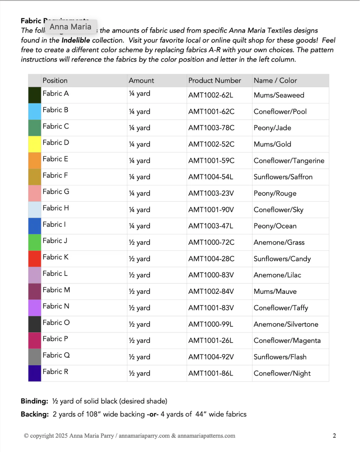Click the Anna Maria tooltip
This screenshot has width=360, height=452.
point(71,27)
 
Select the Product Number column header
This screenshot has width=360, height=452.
point(214,81)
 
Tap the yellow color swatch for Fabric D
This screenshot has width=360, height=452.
point(35,144)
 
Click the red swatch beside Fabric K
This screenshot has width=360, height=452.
point(35,259)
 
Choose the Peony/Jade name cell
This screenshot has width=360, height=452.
point(272,128)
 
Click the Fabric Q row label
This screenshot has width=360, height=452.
point(56,355)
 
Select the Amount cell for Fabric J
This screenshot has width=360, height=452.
point(139,243)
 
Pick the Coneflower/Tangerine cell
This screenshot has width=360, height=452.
point(289,161)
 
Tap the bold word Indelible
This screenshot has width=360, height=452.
point(76,40)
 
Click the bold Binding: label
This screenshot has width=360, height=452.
point(34,401)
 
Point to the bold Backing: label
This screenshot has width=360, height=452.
point(35,414)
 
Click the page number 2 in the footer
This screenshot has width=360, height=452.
point(334,436)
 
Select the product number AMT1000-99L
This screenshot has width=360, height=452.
point(210,324)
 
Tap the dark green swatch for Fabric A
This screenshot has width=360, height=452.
point(35,95)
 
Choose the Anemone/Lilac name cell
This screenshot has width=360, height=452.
point(277,275)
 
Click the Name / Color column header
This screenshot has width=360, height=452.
point(275,81)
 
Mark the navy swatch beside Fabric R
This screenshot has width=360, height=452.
point(35,373)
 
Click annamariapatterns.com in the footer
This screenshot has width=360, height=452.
point(206,436)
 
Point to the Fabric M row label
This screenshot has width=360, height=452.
point(56,290)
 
